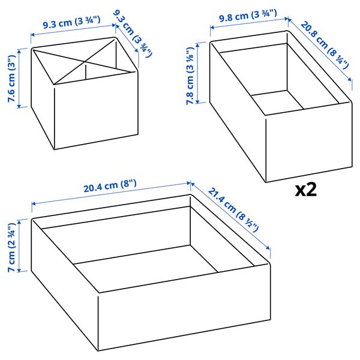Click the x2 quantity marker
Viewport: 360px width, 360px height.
(x=305, y=190)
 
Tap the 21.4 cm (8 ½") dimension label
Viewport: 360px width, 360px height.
(x=233, y=209)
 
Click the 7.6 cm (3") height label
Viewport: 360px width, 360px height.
(x=11, y=79)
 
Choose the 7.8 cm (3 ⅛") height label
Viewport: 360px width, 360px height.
(x=190, y=76)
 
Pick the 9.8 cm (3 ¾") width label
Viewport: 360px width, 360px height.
(x=248, y=16)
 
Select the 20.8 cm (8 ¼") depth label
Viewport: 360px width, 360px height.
(x=325, y=45)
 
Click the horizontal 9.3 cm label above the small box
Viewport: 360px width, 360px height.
(x=71, y=22)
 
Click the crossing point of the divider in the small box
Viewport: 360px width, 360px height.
(x=85, y=61)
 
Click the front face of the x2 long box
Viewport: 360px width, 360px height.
(x=309, y=142)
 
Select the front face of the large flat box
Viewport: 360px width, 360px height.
(x=184, y=308)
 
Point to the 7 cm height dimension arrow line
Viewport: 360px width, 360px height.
(x=20, y=245)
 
